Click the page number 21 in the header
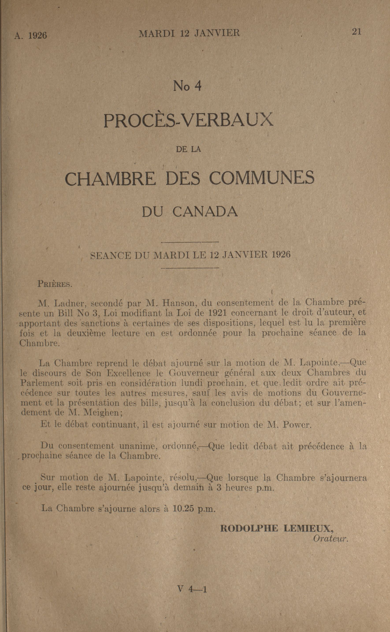pyautogui.click(x=357, y=32)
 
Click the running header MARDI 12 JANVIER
pyautogui.click(x=189, y=33)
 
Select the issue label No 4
pyautogui.click(x=187, y=86)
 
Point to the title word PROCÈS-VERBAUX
pyautogui.click(x=188, y=120)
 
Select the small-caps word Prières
pyautogui.click(x=55, y=284)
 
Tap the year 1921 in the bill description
pyautogui.click(x=216, y=313)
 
